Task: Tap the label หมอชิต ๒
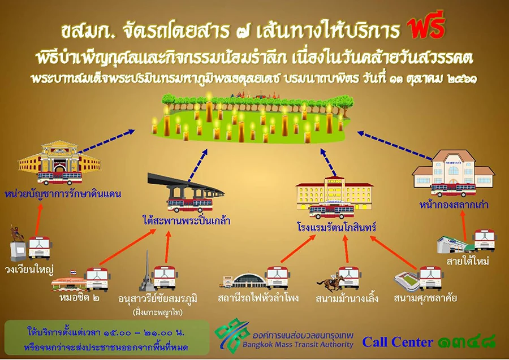79,297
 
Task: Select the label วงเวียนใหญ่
29,269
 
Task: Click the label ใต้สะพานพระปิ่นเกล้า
186,221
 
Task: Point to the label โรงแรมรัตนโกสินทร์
336,227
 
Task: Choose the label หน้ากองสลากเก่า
454,205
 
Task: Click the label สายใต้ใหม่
468,261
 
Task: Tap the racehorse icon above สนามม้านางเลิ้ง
330,283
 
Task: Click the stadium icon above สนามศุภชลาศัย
406,280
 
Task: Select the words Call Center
398,342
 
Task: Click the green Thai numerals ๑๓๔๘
466,342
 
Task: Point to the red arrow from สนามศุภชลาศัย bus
394,253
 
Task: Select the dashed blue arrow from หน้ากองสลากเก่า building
394,145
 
